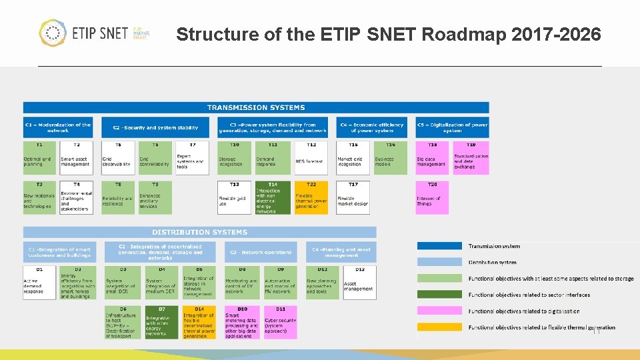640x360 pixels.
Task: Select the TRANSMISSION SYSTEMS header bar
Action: coord(256,107)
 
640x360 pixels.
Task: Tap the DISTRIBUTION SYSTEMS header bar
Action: coord(199,232)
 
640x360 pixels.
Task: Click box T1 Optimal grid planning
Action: coord(40,158)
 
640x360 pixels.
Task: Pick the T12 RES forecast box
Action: coord(311,158)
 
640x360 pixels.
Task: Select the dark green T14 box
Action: coord(273,197)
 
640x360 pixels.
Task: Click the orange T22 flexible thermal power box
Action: coord(311,197)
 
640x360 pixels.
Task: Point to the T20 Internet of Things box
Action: coord(432,197)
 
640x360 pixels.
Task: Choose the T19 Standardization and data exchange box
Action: coord(471,158)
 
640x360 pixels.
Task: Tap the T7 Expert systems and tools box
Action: coord(193,158)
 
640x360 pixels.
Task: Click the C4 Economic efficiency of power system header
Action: coord(372,127)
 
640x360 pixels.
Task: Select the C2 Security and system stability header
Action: coord(156,127)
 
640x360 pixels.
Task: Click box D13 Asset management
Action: coord(359,283)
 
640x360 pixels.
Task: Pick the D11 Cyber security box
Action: coord(281,322)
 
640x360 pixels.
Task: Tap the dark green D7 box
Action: coord(162,322)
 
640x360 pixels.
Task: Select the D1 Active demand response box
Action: coord(40,283)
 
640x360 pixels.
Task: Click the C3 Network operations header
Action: coord(261,252)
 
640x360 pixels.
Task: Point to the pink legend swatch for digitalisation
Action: coord(439,311)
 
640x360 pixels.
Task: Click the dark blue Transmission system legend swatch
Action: coord(439,246)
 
